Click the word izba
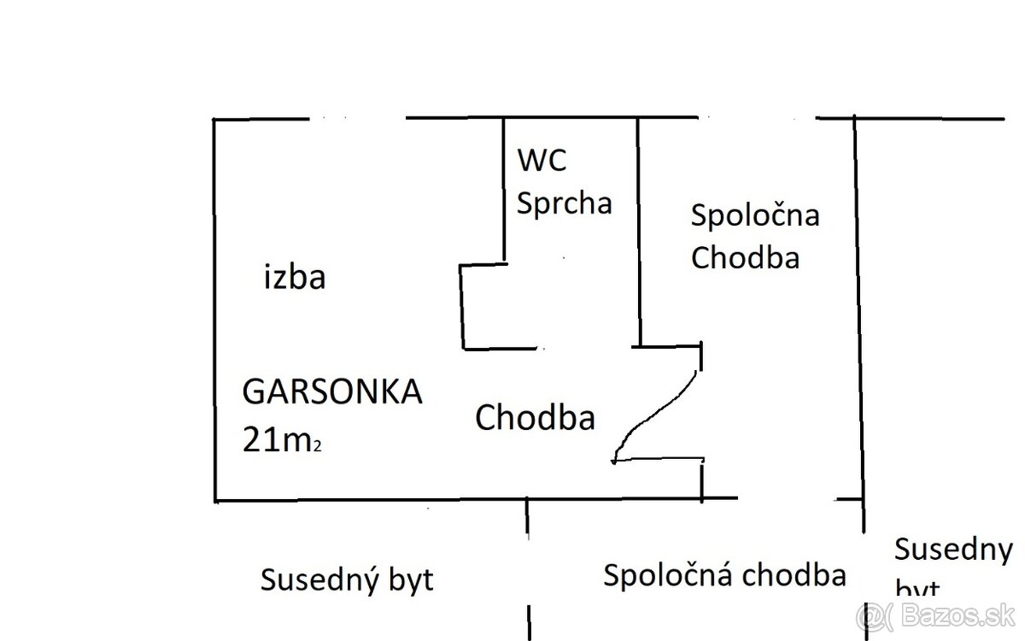coord(295,278)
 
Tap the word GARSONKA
coord(332,392)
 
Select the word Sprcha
coord(565,203)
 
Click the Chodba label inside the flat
coord(535,418)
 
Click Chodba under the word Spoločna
coord(745,257)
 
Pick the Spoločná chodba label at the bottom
coord(724,575)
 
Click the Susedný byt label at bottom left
coord(347,580)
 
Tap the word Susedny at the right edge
coord(952,549)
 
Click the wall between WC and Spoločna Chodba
coord(639,231)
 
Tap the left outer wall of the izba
coord(214,308)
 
